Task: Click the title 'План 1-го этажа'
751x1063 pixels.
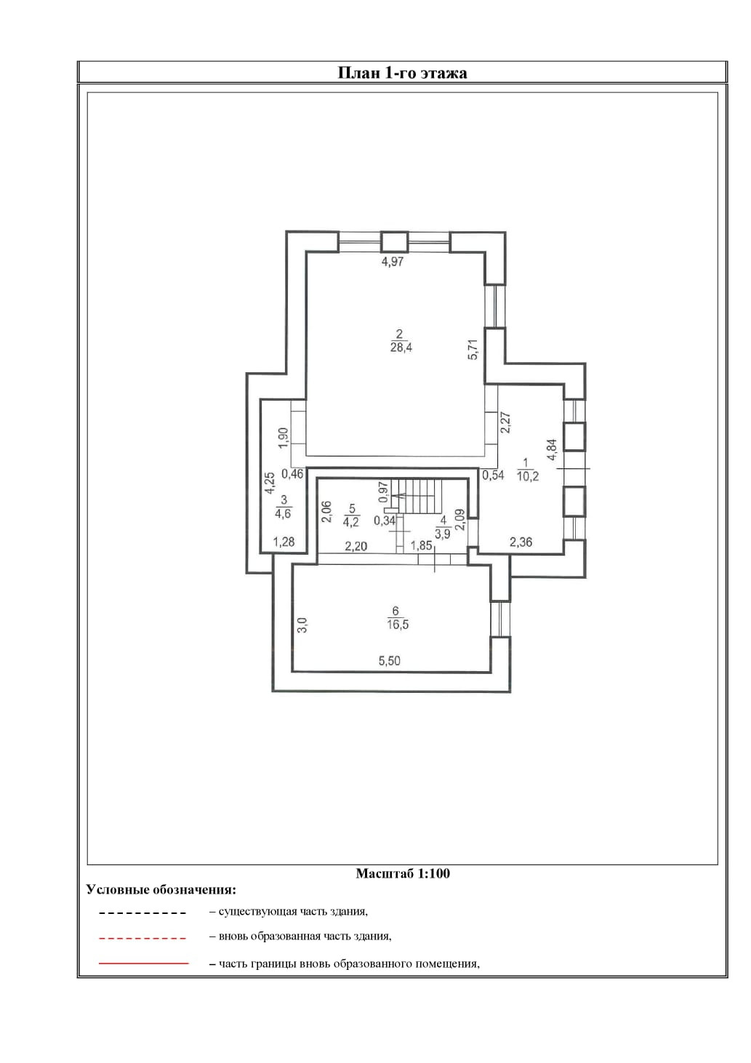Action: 402,73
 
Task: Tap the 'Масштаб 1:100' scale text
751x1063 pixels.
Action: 402,873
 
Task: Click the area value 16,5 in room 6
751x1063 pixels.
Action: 397,624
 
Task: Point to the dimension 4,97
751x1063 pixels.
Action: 392,262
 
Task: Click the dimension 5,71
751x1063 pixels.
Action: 473,350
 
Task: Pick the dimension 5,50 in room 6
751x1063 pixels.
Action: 389,661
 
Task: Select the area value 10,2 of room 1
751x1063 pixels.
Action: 527,477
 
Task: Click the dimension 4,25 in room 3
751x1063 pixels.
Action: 269,484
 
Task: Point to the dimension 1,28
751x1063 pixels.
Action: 284,542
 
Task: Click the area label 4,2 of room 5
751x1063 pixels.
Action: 351,521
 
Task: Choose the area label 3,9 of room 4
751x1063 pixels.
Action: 443,533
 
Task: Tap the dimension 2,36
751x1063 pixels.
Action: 521,542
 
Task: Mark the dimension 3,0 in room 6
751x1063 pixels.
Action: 302,624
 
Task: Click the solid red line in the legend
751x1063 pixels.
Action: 143,963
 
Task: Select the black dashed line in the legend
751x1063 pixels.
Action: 143,912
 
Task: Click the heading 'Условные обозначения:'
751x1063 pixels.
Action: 161,889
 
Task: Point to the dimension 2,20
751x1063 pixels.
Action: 356,546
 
